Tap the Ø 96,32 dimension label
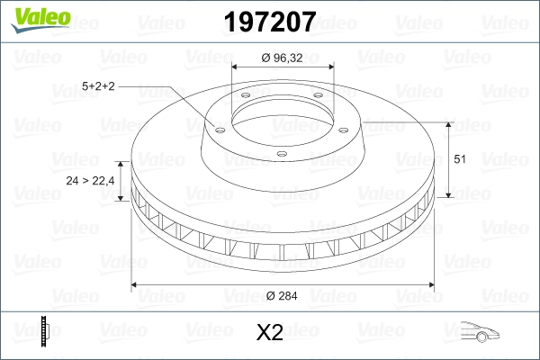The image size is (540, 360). coord(283,59)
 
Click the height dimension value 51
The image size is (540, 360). coord(458,159)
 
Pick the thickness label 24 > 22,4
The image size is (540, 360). coord(90,181)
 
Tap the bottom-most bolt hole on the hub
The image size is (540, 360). coord(281,154)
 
